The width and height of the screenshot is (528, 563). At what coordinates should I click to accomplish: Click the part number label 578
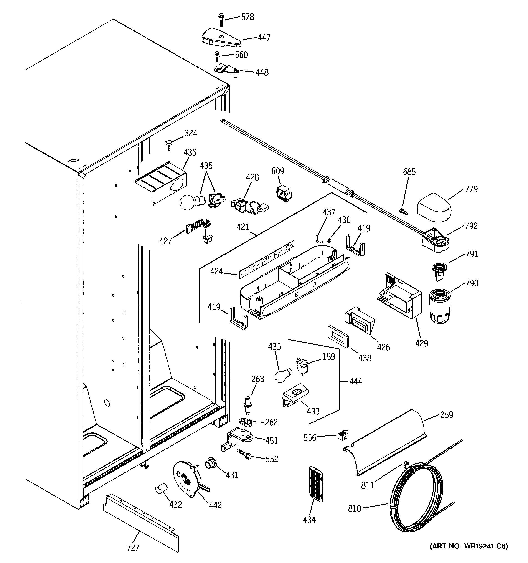coord(247,17)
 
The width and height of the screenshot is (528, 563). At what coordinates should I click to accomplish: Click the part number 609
coord(277,171)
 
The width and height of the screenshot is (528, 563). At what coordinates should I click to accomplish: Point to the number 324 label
coord(191,133)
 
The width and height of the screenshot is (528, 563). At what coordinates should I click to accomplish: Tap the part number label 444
coord(355,382)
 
